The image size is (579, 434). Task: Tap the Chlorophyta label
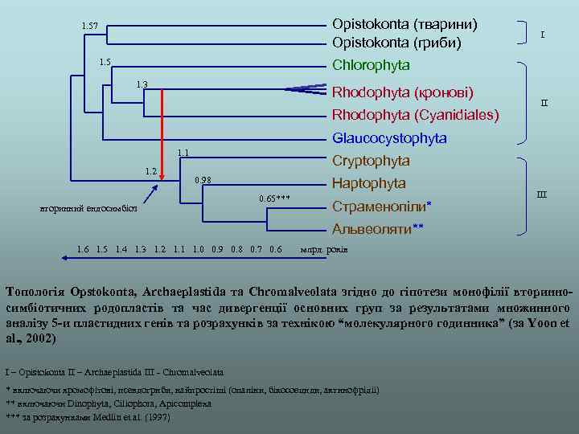(371, 64)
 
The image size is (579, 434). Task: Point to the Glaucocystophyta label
(389, 138)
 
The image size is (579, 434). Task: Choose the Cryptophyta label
(371, 161)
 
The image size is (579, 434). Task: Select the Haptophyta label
(369, 183)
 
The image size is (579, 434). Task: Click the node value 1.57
(90, 27)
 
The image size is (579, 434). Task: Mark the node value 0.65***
(274, 198)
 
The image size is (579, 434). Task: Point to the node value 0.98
(203, 179)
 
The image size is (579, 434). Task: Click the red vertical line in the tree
(163, 133)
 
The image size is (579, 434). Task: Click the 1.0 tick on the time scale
(199, 249)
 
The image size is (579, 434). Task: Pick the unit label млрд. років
(324, 249)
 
